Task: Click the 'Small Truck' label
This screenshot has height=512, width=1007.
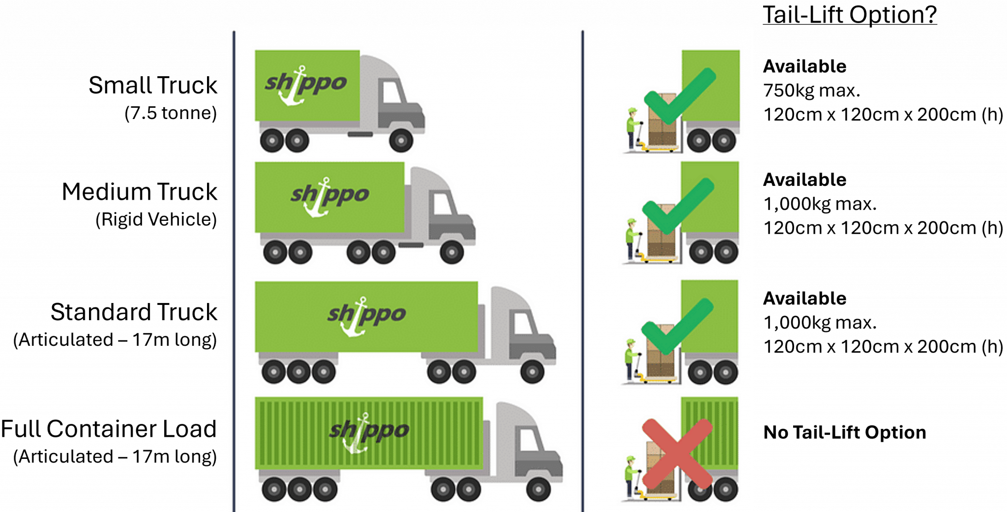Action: [153, 85]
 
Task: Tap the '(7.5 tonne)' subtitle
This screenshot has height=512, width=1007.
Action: [171, 113]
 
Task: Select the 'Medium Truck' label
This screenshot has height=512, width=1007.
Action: [140, 191]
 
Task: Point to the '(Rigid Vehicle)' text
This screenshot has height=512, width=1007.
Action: [156, 219]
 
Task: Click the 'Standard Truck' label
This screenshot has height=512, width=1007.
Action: [134, 312]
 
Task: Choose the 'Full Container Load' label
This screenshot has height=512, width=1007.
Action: [109, 429]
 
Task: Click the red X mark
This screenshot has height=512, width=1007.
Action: [677, 453]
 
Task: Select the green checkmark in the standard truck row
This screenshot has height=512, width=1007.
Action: [677, 326]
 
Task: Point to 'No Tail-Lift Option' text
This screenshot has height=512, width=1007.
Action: [844, 432]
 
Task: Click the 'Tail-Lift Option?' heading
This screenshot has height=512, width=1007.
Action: [849, 15]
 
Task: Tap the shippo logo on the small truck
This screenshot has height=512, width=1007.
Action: [306, 85]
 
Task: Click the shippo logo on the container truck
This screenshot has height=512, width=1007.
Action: [368, 431]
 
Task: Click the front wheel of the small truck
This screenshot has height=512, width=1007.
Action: [401, 141]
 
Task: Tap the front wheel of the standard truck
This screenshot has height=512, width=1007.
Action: [532, 372]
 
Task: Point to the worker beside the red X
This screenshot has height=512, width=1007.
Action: [631, 477]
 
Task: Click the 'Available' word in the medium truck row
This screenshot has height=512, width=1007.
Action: [804, 180]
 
